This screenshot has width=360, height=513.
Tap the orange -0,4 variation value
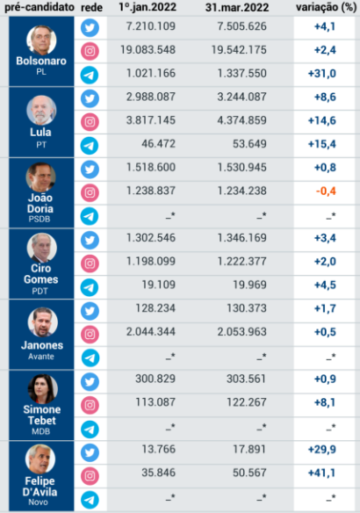[x=328, y=191]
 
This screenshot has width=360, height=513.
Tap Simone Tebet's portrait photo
[x=41, y=389]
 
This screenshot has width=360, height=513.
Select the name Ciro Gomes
[x=41, y=272]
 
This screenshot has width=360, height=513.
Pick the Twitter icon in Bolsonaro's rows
[x=90, y=27]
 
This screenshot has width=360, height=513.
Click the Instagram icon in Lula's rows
[x=90, y=121]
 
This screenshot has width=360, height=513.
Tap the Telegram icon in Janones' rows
[x=90, y=356]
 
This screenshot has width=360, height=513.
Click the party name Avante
[x=41, y=357]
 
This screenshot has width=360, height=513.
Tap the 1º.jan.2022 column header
[x=151, y=8]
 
